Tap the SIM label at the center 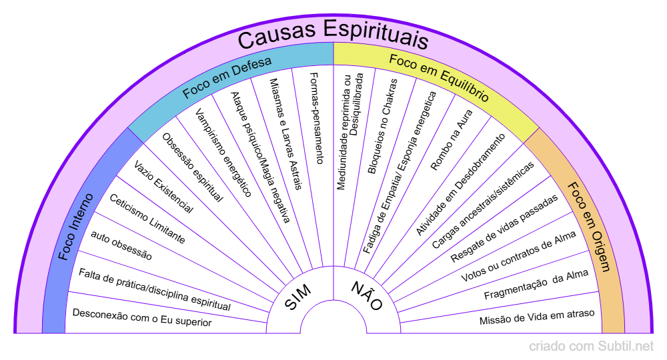(x=298, y=296)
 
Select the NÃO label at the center (x=367, y=296)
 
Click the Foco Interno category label (x=79, y=227)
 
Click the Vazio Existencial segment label (x=163, y=187)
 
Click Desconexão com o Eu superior (x=141, y=317)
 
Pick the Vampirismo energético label (x=223, y=153)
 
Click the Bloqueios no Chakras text (x=383, y=127)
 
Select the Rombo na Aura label (x=447, y=141)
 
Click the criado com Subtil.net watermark (x=591, y=347)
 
